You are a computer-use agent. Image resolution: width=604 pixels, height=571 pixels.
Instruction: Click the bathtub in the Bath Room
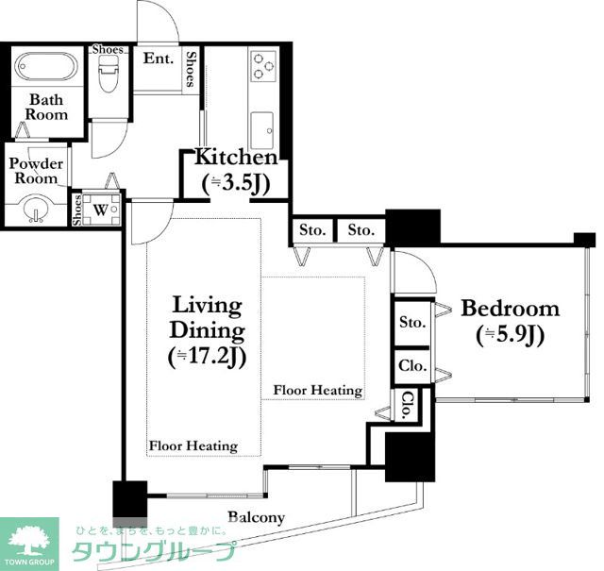[x=45, y=67]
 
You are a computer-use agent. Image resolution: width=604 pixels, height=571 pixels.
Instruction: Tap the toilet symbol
[x=108, y=74]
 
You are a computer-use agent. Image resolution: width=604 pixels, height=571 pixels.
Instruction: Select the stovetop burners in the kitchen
[x=263, y=66]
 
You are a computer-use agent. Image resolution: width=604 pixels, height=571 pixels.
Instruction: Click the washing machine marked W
[x=101, y=210]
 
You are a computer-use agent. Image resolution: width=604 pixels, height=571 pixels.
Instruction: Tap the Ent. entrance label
[x=159, y=59]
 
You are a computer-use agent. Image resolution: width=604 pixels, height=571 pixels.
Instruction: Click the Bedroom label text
[x=510, y=309]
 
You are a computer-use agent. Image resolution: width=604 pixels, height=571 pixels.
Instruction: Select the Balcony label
[x=256, y=517]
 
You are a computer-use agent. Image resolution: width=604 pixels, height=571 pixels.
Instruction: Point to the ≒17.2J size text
[x=208, y=358]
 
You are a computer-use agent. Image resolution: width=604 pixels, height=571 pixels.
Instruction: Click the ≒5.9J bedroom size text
[x=510, y=335]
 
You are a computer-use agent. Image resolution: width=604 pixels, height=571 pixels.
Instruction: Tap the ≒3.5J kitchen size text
[x=236, y=184]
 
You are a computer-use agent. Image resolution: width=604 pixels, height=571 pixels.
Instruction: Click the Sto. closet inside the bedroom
[x=412, y=322]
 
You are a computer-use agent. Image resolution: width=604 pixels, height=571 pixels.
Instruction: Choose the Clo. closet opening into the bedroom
[x=412, y=366]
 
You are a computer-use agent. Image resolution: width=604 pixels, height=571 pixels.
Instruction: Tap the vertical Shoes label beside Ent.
[x=191, y=69]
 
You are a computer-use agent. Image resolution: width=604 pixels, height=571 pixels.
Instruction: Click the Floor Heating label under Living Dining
[x=193, y=445]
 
